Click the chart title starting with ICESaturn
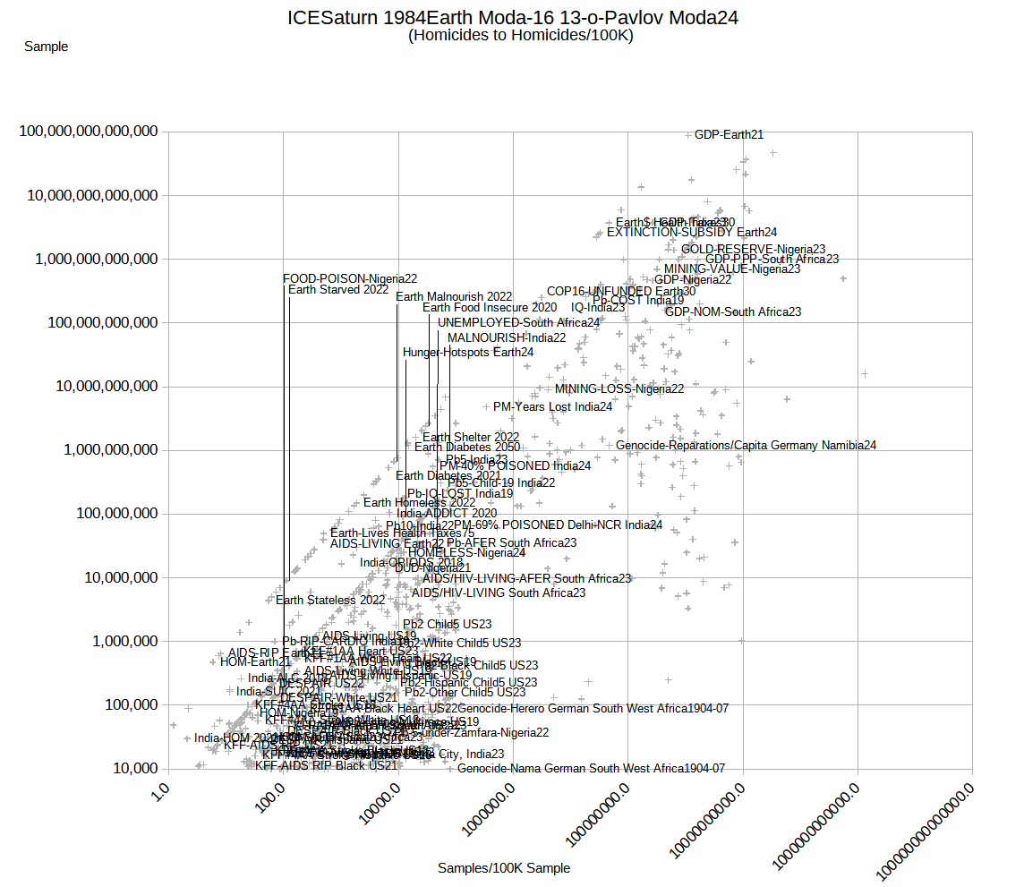tap(513, 18)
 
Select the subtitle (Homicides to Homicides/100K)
tap(520, 36)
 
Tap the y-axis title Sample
tap(46, 47)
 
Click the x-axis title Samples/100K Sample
tap(504, 867)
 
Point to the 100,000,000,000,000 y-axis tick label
tap(89, 132)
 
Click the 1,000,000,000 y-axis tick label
tap(109, 449)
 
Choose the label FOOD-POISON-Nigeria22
tap(350, 279)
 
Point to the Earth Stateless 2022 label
tap(330, 601)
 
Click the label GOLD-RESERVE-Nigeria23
tap(753, 250)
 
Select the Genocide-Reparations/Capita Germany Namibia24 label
tap(746, 445)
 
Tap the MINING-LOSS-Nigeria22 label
tap(619, 389)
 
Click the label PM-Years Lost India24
tap(552, 406)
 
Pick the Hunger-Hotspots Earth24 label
tap(468, 353)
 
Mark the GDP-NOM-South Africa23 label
tap(733, 312)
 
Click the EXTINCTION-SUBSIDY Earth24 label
tap(692, 233)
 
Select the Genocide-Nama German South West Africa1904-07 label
tap(591, 769)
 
